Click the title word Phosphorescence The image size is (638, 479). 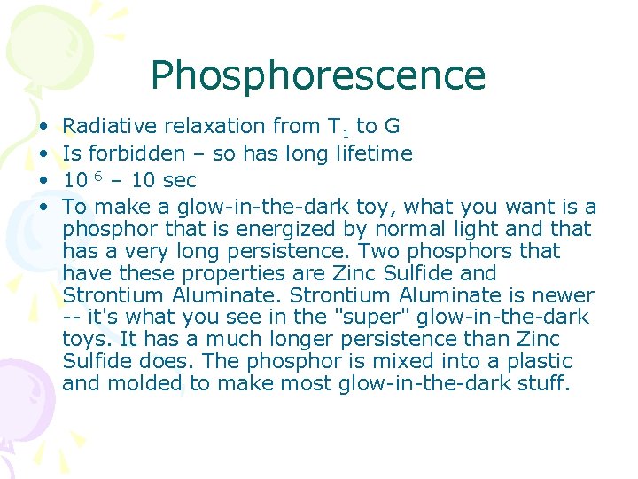click(x=318, y=75)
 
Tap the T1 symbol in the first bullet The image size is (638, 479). click(x=338, y=128)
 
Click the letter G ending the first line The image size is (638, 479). click(x=392, y=127)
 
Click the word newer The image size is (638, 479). click(x=564, y=295)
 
